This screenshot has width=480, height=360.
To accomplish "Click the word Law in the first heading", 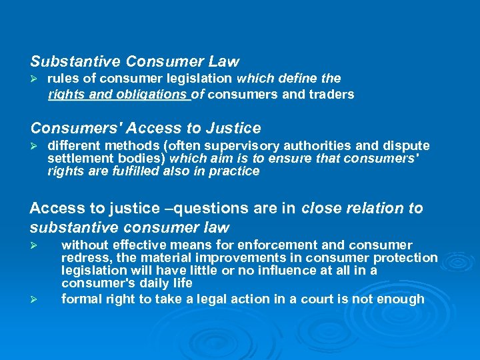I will click(223, 62).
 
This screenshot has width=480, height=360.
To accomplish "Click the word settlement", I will click(75, 159).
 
